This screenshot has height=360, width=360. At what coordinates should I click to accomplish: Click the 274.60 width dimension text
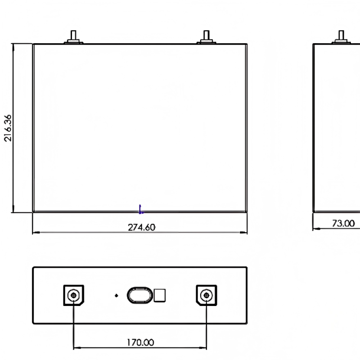click(141, 227)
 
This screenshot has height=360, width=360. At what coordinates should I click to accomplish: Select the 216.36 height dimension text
click(8, 128)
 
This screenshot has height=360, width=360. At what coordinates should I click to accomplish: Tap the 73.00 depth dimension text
click(343, 223)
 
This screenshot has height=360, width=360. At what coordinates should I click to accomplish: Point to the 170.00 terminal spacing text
click(140, 342)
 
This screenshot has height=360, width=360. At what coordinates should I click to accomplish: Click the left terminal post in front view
click(73, 37)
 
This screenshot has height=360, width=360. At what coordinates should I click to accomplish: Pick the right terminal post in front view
click(207, 37)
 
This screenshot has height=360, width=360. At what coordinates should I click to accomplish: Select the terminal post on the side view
click(341, 37)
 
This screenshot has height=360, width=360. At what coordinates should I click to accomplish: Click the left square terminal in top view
click(74, 295)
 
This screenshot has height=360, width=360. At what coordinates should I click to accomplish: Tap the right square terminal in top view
click(207, 295)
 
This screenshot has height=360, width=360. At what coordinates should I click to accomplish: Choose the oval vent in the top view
click(140, 295)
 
